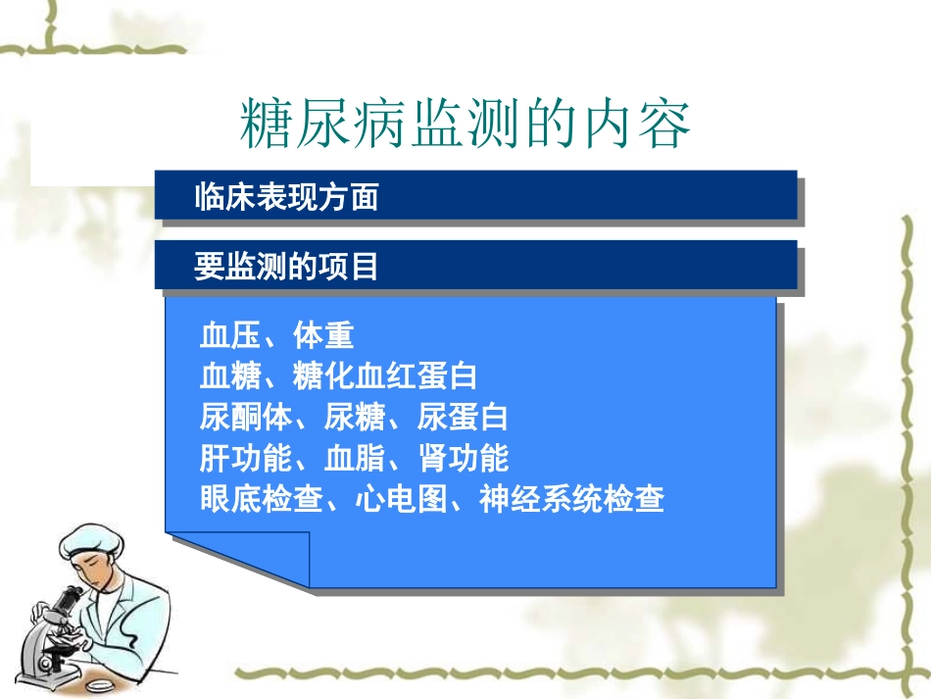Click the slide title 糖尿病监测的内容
465,125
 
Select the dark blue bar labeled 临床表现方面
474,196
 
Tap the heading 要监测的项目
286,267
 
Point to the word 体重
322,336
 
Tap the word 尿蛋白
462,418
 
